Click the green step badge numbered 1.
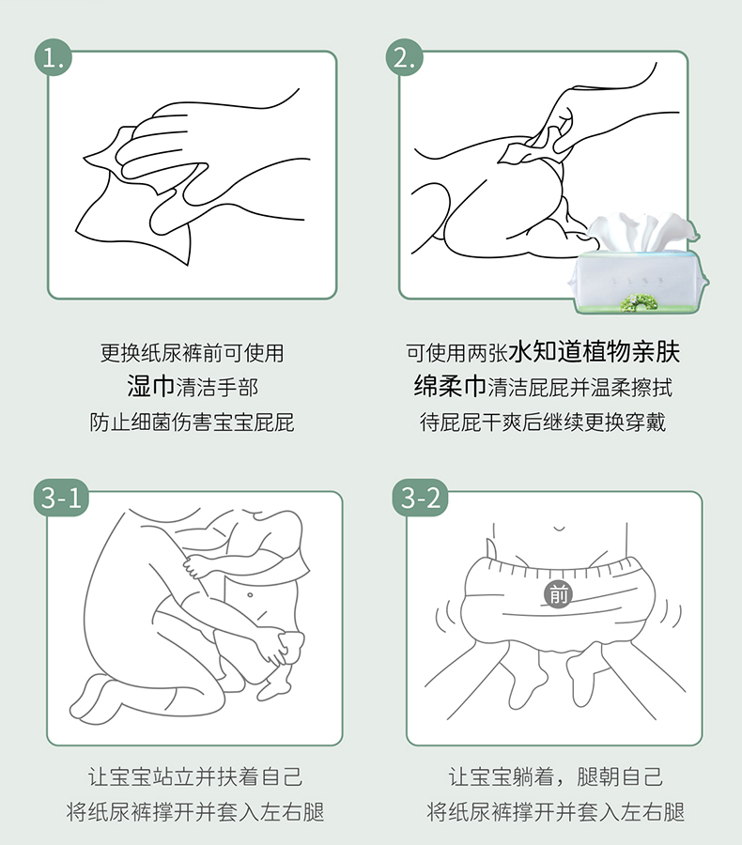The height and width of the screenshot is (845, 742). click(53, 57)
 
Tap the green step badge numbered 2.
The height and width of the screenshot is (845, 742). click(405, 57)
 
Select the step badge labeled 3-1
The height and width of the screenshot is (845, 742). click(61, 498)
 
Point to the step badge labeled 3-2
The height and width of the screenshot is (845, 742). click(421, 498)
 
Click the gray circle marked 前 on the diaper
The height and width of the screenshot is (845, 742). click(558, 595)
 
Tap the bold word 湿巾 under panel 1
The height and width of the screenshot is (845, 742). click(150, 387)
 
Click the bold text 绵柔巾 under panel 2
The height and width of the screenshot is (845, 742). click(450, 387)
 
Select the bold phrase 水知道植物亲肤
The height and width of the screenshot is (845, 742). click(594, 352)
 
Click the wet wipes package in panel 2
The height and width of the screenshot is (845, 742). click(639, 264)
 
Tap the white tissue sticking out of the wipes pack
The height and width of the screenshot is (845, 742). click(642, 232)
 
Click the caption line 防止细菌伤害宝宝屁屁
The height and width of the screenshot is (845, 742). click(192, 422)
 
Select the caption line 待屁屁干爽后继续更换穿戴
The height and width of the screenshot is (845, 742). click(543, 422)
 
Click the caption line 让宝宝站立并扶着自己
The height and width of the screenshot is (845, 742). click(195, 776)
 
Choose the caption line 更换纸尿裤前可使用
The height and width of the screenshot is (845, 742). click(192, 353)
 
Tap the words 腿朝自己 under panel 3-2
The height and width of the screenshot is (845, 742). click(620, 776)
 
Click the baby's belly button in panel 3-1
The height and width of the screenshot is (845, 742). click(250, 595)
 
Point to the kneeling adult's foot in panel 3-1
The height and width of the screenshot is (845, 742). click(96, 697)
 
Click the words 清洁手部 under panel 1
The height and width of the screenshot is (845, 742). click(217, 388)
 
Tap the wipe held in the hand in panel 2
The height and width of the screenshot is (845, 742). click(533, 145)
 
